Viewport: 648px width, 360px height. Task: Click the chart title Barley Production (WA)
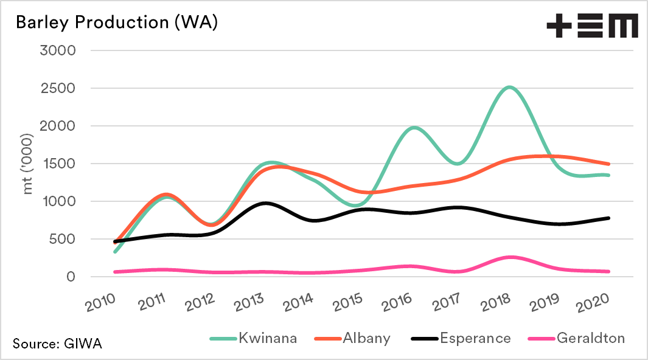(x=116, y=22)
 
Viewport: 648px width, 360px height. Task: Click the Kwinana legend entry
(x=253, y=338)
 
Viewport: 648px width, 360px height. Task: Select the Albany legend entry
(x=357, y=338)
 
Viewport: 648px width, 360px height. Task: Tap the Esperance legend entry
(x=467, y=338)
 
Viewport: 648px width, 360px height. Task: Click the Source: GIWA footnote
(x=57, y=344)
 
